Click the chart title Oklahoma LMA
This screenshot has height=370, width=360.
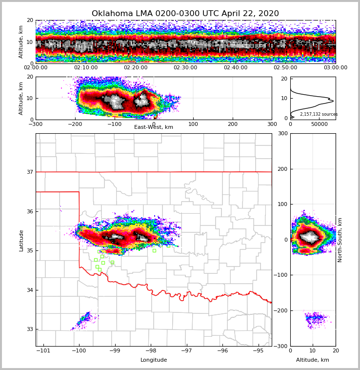(185, 14)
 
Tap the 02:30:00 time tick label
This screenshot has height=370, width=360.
(185, 68)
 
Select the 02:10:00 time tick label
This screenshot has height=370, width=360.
(85, 68)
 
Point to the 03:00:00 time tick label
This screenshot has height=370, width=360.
(335, 68)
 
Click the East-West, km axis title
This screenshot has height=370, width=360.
(154, 127)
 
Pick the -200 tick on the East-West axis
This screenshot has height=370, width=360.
(75, 124)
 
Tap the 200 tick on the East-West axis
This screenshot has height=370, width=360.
(233, 124)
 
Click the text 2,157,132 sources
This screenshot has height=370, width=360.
(319, 114)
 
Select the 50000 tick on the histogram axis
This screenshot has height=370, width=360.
(320, 124)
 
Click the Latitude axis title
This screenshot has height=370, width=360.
(21, 240)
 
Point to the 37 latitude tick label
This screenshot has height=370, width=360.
(30, 172)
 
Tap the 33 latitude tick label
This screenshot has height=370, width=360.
(30, 329)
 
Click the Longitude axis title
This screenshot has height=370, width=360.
(154, 360)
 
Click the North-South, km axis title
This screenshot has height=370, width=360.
(340, 240)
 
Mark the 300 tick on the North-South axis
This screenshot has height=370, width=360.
(281, 133)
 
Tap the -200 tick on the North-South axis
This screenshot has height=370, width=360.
(279, 310)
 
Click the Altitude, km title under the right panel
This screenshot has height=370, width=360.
(313, 360)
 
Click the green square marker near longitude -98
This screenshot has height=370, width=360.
(154, 251)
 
